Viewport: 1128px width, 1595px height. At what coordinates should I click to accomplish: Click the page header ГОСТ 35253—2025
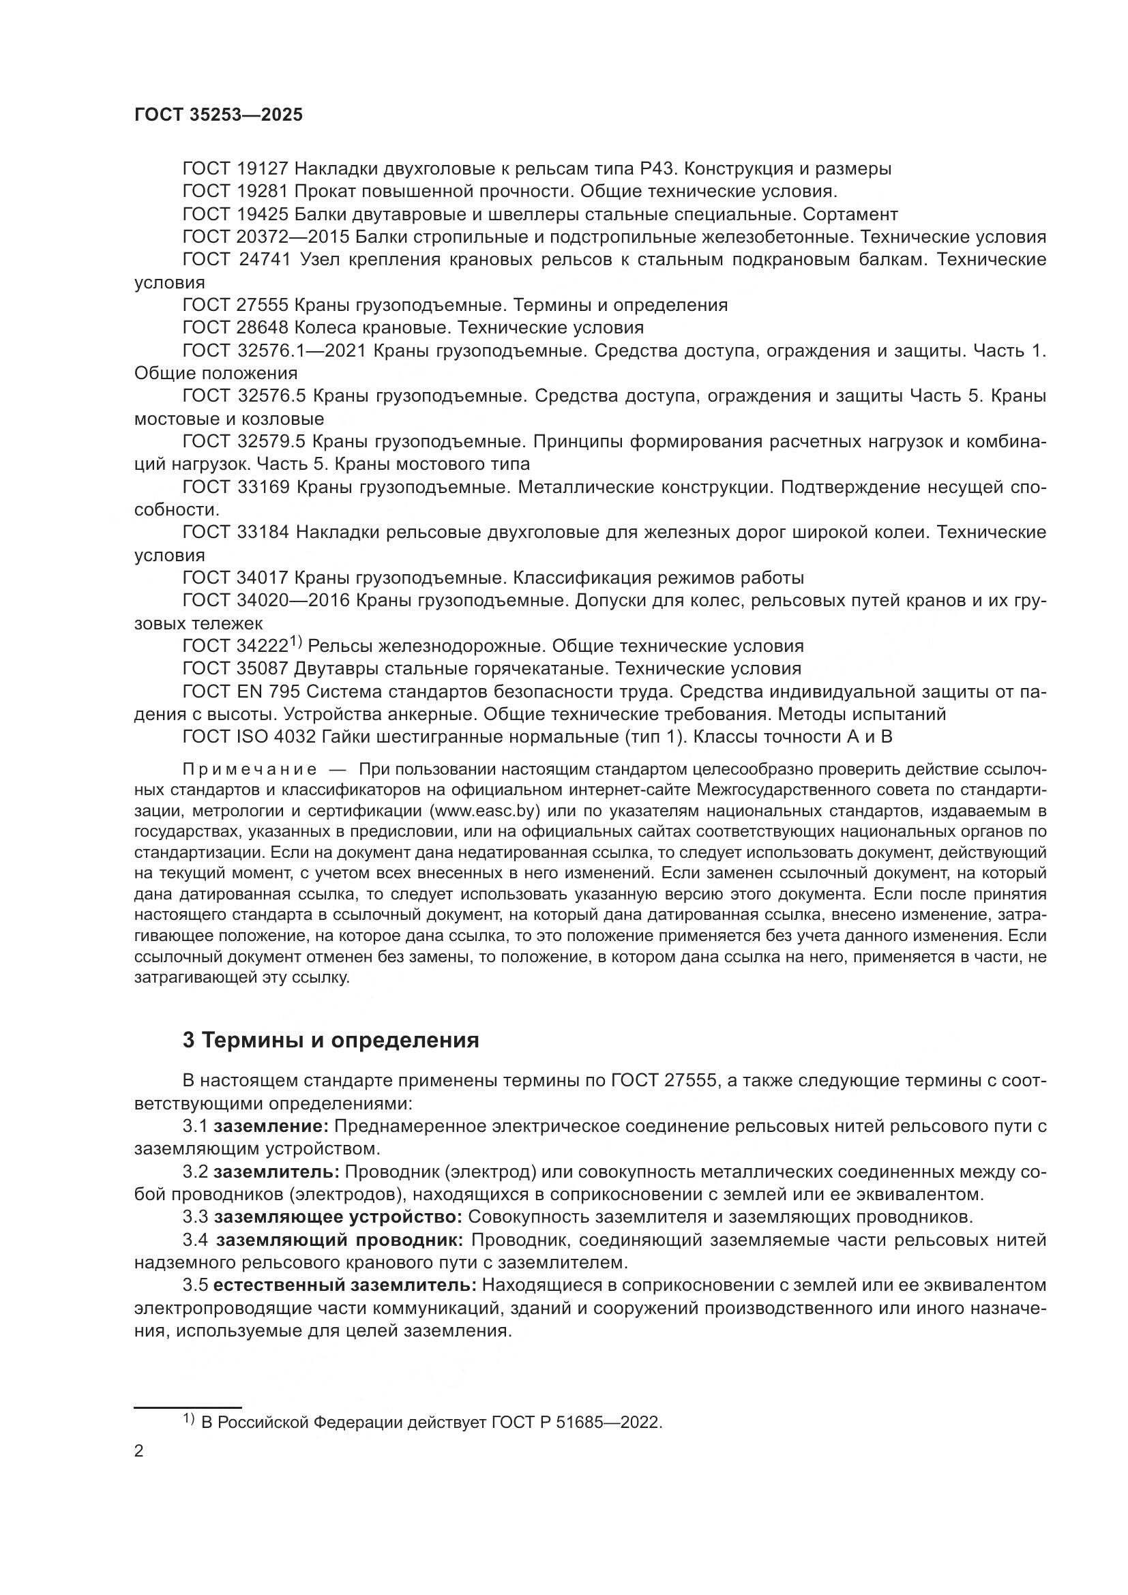pyautogui.click(x=219, y=115)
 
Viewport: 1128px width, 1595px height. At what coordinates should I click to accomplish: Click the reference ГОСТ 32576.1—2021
pyautogui.click(x=273, y=351)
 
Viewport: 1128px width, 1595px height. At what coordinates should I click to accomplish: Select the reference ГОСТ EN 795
pyautogui.click(x=241, y=692)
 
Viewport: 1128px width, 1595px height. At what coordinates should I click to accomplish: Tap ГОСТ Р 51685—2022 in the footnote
pyautogui.click(x=576, y=1422)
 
